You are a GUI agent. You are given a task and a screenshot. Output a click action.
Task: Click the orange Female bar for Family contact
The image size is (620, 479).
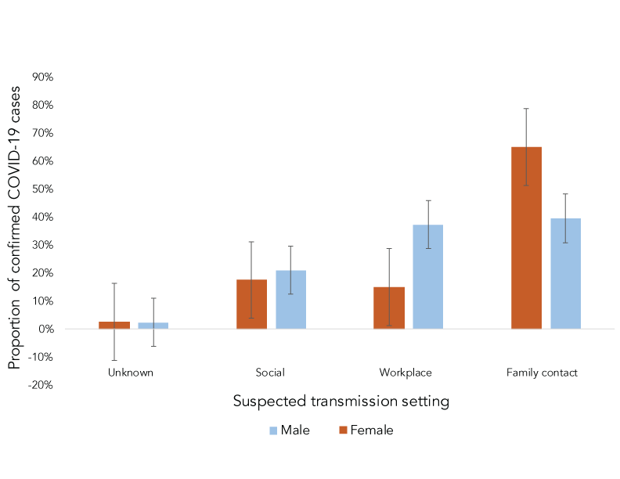[526, 238]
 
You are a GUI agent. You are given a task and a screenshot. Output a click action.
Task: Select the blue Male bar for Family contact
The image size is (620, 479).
[565, 273]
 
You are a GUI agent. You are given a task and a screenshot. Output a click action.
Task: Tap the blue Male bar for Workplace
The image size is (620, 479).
[428, 276]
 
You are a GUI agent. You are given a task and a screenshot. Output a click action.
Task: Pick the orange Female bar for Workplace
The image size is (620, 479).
[389, 308]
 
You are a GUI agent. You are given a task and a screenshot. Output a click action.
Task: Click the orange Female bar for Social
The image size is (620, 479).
[251, 304]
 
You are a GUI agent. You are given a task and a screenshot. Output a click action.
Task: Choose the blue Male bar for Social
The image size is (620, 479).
[290, 299]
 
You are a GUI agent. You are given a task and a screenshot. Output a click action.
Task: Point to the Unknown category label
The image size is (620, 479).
[131, 373]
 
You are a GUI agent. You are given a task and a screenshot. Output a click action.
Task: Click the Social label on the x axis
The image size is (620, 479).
[270, 373]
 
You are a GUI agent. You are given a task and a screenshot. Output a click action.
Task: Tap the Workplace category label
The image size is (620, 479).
[406, 373]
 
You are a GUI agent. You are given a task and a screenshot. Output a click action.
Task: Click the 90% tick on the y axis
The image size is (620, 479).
[42, 77]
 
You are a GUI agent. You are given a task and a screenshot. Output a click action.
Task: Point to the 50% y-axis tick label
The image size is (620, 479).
[42, 189]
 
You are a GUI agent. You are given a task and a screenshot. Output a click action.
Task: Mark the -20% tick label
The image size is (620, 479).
[40, 385]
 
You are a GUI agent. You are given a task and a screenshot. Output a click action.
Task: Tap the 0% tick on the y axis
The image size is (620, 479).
[45, 330]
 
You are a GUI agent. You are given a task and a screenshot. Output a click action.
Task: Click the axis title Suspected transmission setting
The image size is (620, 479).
[341, 402]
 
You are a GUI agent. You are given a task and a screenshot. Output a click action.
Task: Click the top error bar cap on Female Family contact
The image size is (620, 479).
[526, 108]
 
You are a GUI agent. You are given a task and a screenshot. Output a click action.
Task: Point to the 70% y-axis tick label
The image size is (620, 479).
[42, 133]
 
